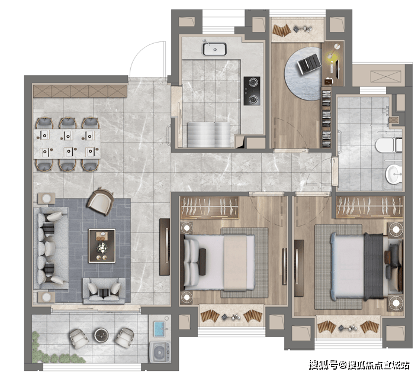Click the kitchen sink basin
(214, 49)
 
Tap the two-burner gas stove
(252, 91)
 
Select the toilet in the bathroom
(388, 145)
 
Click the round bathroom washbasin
(394, 174)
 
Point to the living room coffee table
(102, 246)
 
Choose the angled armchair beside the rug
(101, 201)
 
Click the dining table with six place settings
(67, 144)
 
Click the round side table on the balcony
(102, 335)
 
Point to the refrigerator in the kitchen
(209, 135)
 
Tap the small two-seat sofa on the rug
(104, 291)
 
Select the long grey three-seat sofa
(51, 248)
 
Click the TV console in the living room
(165, 247)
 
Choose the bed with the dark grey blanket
(357, 266)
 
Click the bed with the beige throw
(218, 263)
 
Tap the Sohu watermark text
(359, 365)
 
